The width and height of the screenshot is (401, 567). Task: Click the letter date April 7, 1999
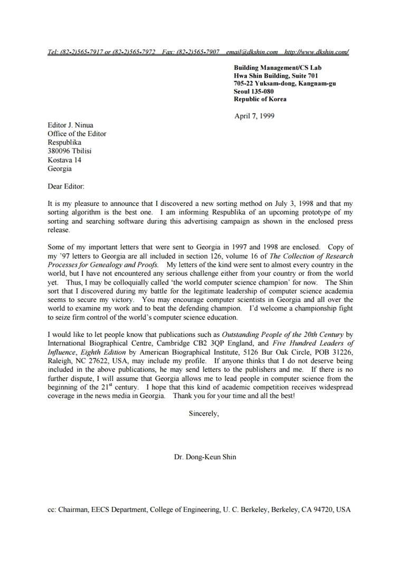point(254,116)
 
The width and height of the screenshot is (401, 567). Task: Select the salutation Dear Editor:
point(66,186)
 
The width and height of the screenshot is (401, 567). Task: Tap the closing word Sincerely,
point(204,414)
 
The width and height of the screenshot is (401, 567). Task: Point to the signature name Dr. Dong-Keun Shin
point(205,457)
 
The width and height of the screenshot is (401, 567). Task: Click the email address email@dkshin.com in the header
point(252,52)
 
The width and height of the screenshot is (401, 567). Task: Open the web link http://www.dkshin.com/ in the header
point(316,52)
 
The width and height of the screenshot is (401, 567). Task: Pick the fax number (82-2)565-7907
point(198,52)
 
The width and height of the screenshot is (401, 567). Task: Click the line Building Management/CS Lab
point(278,68)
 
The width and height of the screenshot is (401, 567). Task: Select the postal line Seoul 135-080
point(254,91)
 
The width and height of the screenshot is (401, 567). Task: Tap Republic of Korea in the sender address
point(260,99)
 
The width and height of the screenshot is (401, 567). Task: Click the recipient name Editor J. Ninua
point(70,125)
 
